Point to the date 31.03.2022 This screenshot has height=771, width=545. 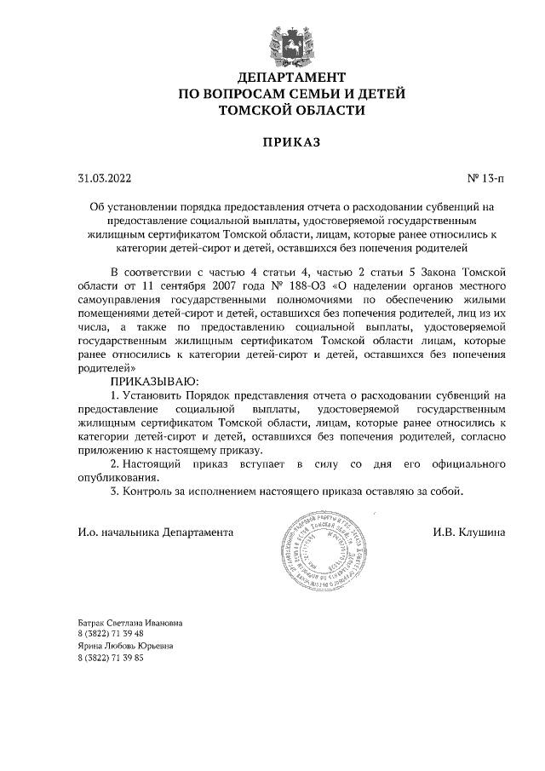tap(104, 179)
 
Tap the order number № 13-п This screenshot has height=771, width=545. tap(485, 179)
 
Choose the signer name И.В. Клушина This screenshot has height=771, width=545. tap(469, 532)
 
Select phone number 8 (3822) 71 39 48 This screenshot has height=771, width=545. tap(110, 635)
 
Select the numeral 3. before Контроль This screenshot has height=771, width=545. tap(116, 491)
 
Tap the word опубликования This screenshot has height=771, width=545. tap(118, 477)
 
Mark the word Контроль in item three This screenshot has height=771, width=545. tap(150, 491)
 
